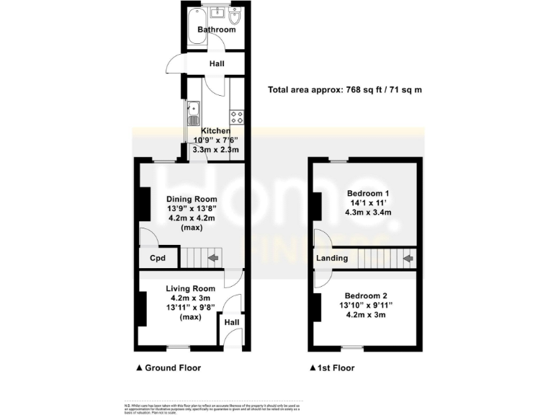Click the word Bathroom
click(217, 30)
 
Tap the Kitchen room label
click(216, 130)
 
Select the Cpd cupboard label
click(158, 258)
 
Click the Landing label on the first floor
click(332, 258)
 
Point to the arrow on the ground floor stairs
click(214, 257)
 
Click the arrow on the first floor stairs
click(408, 257)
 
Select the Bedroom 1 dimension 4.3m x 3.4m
click(368, 214)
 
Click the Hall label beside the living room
click(232, 322)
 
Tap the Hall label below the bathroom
click(217, 64)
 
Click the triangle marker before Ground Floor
click(139, 367)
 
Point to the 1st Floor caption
click(337, 367)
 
